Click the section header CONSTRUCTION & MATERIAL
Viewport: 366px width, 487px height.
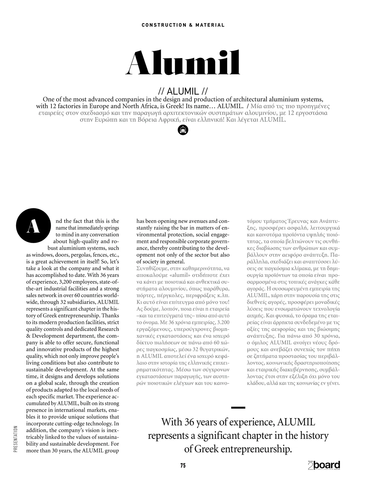[x=183, y=25]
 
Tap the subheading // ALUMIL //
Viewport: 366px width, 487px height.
[x=183, y=91]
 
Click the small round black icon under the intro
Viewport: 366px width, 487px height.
[x=183, y=130]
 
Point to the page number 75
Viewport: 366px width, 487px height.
[x=183, y=465]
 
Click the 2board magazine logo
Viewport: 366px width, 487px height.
[x=324, y=466]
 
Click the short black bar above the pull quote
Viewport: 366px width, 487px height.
[x=238, y=408]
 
